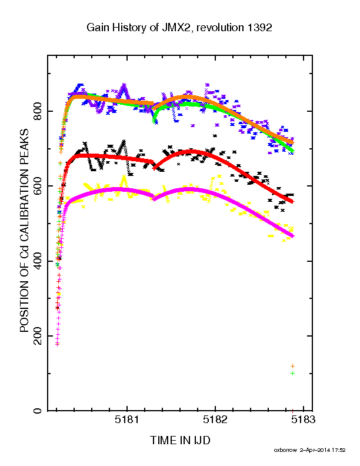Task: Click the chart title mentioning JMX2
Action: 179,28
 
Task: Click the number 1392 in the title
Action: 258,28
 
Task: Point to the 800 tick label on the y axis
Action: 38,111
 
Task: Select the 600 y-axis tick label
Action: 38,186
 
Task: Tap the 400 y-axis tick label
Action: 38,261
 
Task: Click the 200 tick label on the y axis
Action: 38,336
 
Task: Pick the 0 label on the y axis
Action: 38,411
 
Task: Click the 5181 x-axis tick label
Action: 127,420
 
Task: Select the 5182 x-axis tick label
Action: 215,420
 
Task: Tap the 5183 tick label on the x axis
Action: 304,420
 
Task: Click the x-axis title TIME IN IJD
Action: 180,440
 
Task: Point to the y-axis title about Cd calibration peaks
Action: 24,230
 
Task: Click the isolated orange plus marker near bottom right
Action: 292,366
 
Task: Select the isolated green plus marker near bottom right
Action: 292,373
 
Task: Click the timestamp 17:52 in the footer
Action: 339,450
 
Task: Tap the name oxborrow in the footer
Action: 285,450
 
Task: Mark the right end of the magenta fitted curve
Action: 293,237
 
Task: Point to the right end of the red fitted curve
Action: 292,202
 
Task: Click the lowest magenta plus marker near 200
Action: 57,344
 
